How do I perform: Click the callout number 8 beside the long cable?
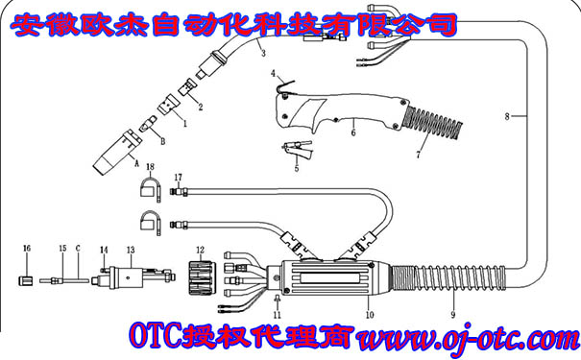click(509, 116)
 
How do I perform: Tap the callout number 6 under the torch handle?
click(352, 133)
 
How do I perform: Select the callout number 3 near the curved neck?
click(261, 54)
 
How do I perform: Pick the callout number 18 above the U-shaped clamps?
click(149, 167)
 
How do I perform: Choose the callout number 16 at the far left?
click(27, 248)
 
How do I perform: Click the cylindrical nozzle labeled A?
click(112, 151)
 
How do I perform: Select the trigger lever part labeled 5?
click(296, 149)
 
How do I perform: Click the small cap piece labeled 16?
click(27, 281)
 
